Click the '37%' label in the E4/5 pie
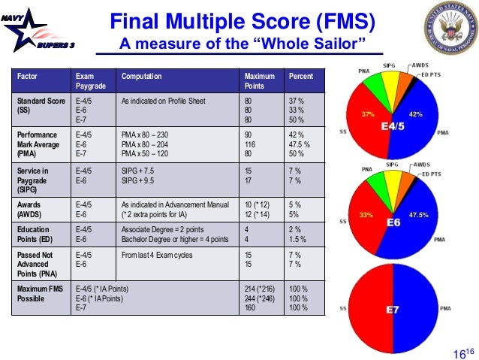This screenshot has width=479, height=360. tap(368, 115)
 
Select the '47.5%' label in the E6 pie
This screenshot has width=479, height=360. tap(419, 215)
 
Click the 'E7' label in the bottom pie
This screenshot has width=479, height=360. tap(393, 310)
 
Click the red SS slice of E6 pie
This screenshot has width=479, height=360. tap(368, 225)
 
